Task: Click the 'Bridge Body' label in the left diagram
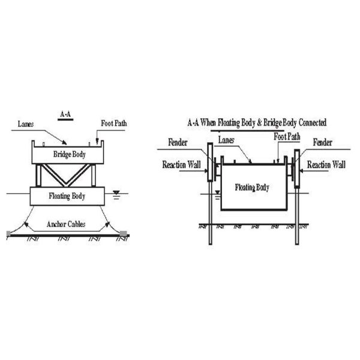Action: click(70, 154)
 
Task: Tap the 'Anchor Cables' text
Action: click(66, 224)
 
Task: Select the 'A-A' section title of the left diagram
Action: click(65, 114)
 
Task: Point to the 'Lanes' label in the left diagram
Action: click(26, 124)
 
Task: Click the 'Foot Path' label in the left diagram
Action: click(114, 123)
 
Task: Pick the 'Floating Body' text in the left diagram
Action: click(67, 196)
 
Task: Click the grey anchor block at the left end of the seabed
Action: click(8, 234)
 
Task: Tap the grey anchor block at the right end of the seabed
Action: click(123, 234)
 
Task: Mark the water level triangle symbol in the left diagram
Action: click(116, 193)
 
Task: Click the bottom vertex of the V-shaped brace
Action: click(66, 184)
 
